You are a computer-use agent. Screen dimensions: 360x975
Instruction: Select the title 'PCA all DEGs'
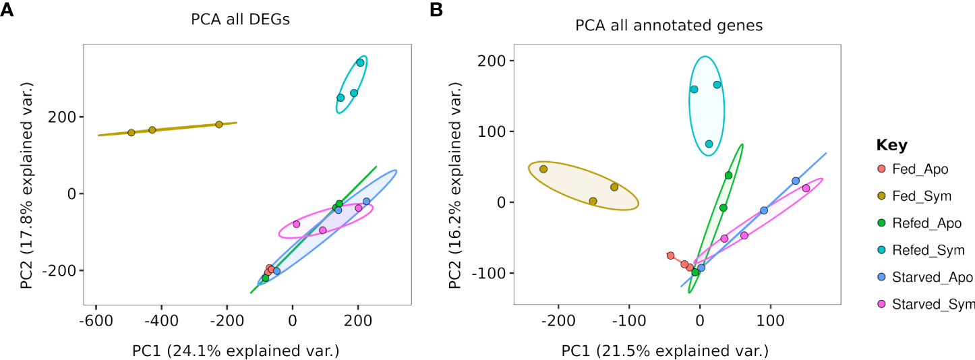(241, 20)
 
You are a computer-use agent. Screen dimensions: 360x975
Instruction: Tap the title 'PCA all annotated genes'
(668, 26)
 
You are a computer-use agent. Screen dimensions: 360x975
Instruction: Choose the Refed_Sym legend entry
(927, 250)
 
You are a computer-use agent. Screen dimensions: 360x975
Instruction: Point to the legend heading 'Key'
(891, 145)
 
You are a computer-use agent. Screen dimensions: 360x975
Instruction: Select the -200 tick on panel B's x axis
(558, 318)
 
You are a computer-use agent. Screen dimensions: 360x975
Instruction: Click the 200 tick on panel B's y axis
(492, 61)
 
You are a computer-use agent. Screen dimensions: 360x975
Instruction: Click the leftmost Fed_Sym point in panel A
(131, 133)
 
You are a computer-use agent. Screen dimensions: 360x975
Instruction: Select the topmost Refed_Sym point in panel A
(360, 63)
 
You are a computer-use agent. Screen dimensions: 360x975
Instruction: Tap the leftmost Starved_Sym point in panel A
(296, 224)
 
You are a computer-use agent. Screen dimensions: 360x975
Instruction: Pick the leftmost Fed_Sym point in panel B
(543, 169)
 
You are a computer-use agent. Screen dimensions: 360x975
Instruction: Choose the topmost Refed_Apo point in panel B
(728, 175)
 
